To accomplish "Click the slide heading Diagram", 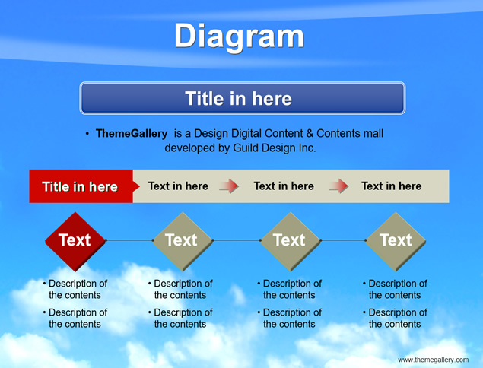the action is (x=240, y=37).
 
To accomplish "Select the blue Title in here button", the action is (x=243, y=98).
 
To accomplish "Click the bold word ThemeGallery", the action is (x=132, y=134).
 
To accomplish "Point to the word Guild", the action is (x=246, y=148).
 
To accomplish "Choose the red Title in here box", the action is (x=81, y=186).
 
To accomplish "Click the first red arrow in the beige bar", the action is (x=229, y=186).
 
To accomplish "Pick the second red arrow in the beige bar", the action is (x=338, y=186).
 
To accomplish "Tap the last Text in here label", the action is (x=391, y=186).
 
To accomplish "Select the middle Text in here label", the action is (x=284, y=186).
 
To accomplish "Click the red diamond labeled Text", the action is (x=75, y=242).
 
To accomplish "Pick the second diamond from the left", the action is (x=183, y=242).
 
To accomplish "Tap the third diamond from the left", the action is (x=290, y=242).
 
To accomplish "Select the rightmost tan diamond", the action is (x=396, y=242).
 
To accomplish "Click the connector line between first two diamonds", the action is (x=129, y=240).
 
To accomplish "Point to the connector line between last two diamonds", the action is (x=343, y=240).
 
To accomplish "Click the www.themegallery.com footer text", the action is (x=433, y=360).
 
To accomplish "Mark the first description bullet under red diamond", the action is (x=75, y=289).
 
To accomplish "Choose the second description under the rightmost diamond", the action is (x=395, y=318).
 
